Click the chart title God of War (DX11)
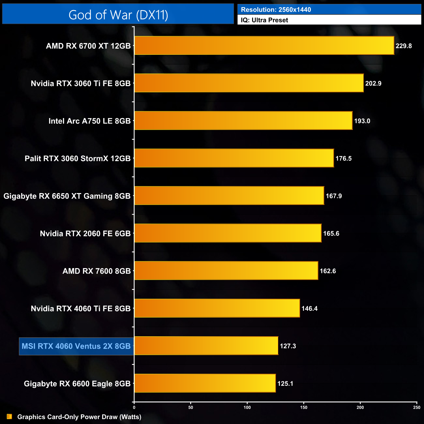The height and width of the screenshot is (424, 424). [x=118, y=15]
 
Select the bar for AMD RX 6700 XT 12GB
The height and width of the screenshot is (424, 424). [x=264, y=46]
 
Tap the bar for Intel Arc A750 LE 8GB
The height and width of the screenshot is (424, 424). [x=243, y=121]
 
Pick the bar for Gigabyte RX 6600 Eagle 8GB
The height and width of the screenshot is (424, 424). [x=205, y=383]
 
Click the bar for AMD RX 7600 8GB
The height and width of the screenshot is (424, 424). [x=226, y=271]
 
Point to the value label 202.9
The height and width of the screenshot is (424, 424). [x=373, y=83]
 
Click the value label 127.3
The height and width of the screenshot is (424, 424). [x=288, y=346]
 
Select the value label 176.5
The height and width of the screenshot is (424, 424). [x=343, y=159]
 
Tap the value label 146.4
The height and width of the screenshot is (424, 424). [x=309, y=309]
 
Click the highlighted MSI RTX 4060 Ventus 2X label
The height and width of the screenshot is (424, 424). [x=76, y=346]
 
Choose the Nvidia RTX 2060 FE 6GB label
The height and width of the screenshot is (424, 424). [x=85, y=234]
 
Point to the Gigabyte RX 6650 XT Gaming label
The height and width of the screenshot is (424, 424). [x=67, y=196]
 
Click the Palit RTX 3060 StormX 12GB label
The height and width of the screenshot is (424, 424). [x=78, y=159]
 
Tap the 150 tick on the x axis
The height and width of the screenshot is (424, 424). [x=304, y=407]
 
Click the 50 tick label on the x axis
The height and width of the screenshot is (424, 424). [x=190, y=407]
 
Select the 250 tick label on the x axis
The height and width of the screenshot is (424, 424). [x=416, y=407]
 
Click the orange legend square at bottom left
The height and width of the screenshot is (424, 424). [x=9, y=416]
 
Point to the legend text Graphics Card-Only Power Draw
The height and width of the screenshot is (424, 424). [x=79, y=417]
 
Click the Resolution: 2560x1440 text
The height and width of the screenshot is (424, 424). [x=276, y=9]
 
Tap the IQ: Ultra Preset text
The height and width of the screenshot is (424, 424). [x=265, y=20]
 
